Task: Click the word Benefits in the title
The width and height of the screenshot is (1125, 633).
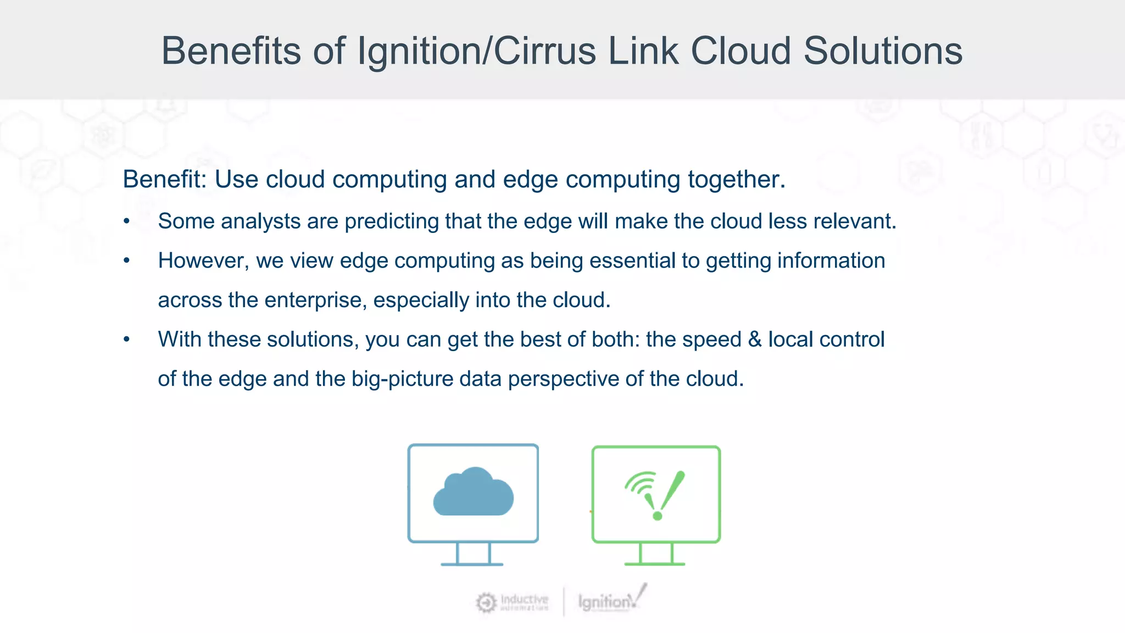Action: pos(231,51)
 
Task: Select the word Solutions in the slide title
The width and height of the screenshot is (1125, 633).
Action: pos(883,51)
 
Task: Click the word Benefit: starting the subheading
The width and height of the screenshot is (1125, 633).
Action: pos(164,179)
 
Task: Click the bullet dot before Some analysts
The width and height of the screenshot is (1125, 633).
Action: pos(127,221)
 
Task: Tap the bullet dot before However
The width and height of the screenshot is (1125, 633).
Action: pos(127,261)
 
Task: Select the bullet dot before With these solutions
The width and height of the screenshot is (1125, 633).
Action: pos(127,340)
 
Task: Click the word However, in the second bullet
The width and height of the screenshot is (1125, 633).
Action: pos(203,261)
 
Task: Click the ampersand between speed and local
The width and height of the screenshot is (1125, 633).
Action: pos(755,340)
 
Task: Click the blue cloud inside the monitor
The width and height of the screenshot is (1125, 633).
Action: pos(473,492)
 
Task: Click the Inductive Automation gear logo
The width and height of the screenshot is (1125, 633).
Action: pos(486,602)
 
